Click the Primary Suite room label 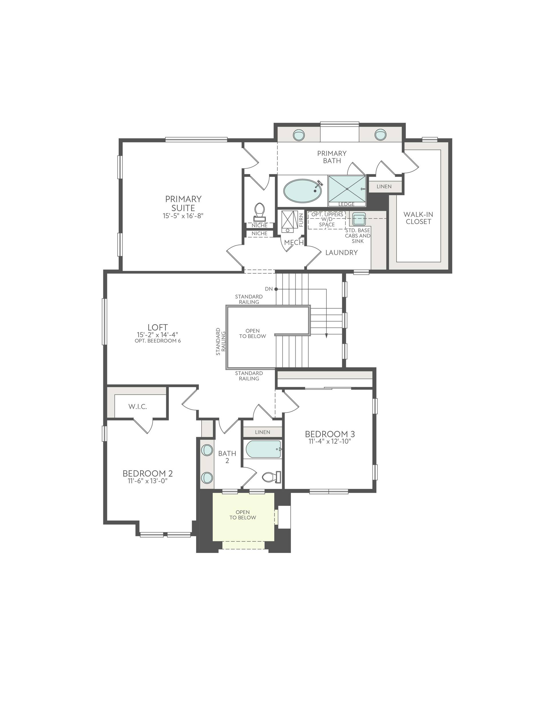click(183, 203)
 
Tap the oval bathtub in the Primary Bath click(302, 191)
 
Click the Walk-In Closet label click(418, 218)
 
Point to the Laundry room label click(341, 253)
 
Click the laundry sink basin click(359, 219)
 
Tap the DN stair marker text click(269, 289)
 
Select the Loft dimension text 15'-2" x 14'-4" click(158, 335)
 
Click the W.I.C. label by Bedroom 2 click(138, 406)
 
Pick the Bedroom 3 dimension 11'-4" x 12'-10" click(330, 441)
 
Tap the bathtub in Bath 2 click(263, 449)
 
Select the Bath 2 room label click(227, 457)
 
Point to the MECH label click(294, 242)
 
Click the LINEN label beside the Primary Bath click(384, 187)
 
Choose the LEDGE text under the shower click(347, 204)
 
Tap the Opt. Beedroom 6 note click(158, 341)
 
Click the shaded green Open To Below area click(243, 517)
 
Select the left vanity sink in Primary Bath click(299, 135)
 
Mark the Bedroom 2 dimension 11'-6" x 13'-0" click(148, 481)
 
